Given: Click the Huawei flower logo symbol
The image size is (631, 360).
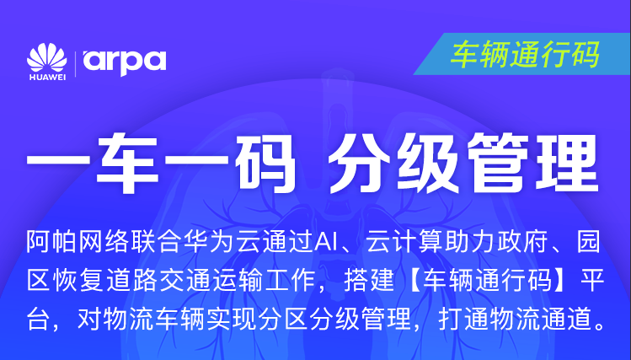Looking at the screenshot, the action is point(47,58).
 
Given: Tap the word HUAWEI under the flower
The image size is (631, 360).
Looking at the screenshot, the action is point(47,78).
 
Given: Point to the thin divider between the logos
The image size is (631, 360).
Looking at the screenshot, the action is point(75,63).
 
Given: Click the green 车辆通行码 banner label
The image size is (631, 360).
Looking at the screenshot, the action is point(526,54).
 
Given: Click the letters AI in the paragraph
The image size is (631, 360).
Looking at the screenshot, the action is point(326,243).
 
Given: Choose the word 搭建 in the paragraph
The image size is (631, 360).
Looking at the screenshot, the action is point(369,280).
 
